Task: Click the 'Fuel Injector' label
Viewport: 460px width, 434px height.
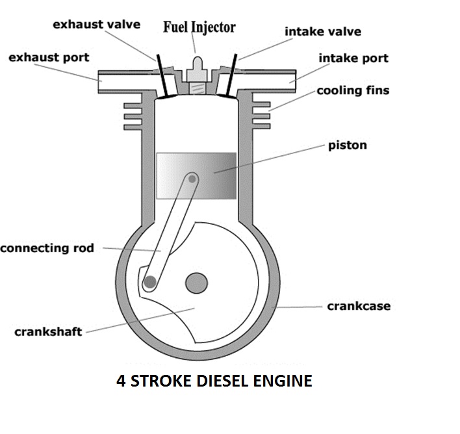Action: tap(198, 27)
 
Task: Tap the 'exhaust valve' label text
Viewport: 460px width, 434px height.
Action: tap(96, 25)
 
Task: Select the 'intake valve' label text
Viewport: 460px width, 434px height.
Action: tap(322, 31)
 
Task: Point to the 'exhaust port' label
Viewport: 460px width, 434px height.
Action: tap(49, 58)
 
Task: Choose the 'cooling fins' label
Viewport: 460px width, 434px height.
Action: tap(353, 90)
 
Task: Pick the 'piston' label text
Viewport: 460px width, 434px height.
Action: tap(348, 144)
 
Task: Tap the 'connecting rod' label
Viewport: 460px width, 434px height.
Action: tap(47, 248)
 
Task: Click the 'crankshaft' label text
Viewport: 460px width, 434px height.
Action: tap(48, 332)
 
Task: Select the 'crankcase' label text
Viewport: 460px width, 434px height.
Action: tap(359, 305)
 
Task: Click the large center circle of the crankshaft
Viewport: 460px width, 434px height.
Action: tap(196, 283)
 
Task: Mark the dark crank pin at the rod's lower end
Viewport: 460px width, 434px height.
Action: tap(150, 282)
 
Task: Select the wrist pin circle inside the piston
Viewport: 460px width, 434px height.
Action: tap(193, 177)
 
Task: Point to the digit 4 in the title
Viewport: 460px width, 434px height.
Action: tap(121, 380)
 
